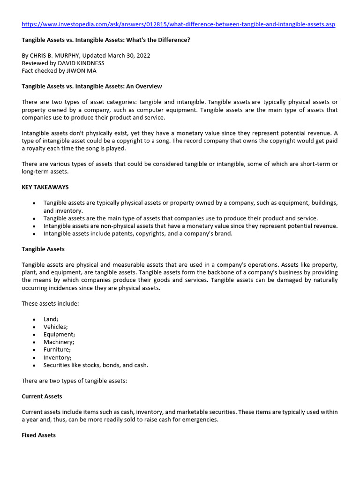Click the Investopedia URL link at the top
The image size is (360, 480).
point(179,24)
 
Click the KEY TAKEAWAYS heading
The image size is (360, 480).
point(45,187)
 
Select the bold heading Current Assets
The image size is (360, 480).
point(42,396)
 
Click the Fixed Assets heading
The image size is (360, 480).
point(38,435)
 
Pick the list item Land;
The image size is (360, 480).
point(51,319)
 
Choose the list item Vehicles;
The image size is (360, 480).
point(56,327)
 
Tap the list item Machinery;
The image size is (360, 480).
point(59,342)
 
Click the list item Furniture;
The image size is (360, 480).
point(57,350)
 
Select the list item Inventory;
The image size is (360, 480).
point(57,358)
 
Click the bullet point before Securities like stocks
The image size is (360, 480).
point(35,365)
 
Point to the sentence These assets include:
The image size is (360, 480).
point(51,304)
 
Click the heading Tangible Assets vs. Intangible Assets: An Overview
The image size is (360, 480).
point(92,86)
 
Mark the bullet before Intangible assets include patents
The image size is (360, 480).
point(35,233)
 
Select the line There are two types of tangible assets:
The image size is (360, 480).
point(75,381)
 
